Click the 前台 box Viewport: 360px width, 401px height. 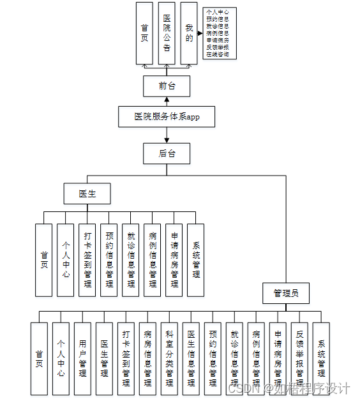click(167, 86)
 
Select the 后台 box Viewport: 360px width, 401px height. click(167, 153)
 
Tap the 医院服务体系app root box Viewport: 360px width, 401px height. click(167, 117)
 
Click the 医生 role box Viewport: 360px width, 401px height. click(87, 193)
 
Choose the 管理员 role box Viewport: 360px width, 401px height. click(286, 293)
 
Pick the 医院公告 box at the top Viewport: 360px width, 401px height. click(167, 33)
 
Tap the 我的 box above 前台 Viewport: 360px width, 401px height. click(189, 33)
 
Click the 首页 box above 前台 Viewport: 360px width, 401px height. click(145, 33)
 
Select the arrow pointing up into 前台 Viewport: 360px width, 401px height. click(167, 100)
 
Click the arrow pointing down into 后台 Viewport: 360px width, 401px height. click(167, 139)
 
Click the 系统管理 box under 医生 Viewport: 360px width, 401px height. click(195, 260)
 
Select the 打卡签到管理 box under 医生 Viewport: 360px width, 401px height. click(87, 260)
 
